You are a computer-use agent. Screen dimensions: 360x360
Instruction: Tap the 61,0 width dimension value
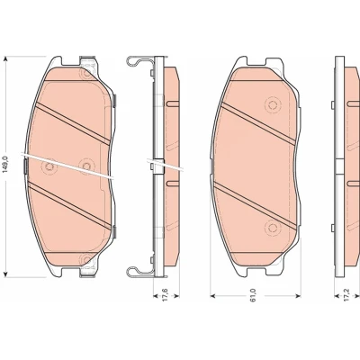[254, 295]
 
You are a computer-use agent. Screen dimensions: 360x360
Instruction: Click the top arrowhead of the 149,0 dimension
[5, 59]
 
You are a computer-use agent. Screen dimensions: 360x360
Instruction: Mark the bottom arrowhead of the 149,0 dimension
[5, 274]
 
